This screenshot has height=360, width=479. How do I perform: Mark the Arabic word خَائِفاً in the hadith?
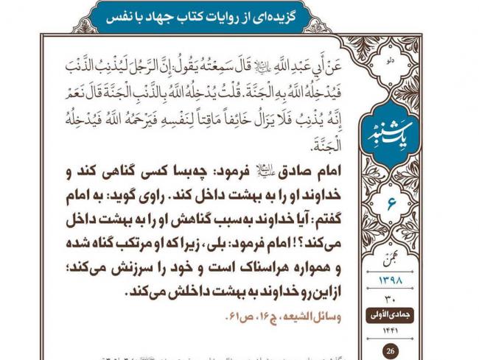click(x=234, y=120)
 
